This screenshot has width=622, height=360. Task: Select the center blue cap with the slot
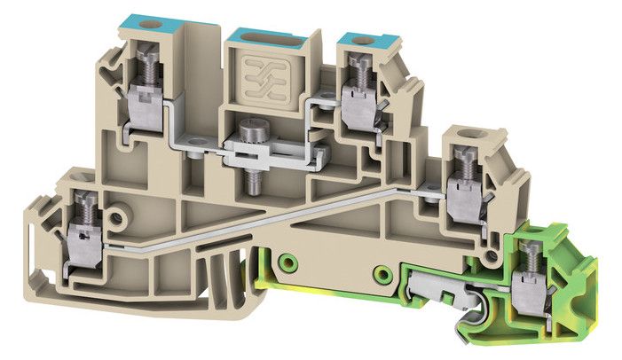(264, 35)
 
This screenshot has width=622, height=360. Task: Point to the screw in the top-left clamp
(143, 65)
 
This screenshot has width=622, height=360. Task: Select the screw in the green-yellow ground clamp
(531, 254)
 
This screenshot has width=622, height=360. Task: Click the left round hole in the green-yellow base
(287, 263)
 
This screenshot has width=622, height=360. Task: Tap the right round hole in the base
(383, 271)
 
